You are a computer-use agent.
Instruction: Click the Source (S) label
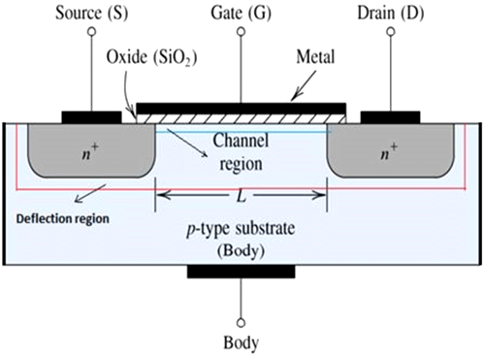92,14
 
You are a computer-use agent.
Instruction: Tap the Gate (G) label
241,14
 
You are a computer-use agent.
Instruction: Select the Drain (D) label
391,14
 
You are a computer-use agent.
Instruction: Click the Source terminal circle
92,31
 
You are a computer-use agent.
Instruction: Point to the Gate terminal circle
241,31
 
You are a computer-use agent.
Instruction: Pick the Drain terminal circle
391,31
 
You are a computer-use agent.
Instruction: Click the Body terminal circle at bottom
241,323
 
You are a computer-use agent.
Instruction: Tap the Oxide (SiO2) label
151,58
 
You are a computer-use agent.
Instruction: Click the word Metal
315,57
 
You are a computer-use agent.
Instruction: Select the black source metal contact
92,117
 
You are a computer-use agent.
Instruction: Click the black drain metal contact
391,117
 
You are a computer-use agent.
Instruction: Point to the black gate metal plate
242,109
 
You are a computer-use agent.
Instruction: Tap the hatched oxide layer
242,118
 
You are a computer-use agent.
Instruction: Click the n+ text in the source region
90,152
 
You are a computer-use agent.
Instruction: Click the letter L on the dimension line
242,196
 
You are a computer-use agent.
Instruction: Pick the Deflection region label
63,219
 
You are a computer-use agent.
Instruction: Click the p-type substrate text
241,229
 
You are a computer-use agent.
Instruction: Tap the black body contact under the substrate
242,272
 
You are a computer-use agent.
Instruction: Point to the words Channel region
241,152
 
